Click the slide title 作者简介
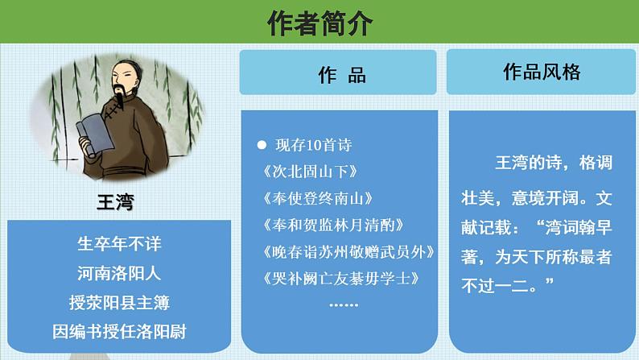click(x=319, y=23)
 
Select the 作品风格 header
click(x=541, y=72)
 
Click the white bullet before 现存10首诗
click(x=261, y=146)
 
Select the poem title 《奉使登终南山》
click(x=317, y=199)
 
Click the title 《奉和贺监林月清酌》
click(x=332, y=226)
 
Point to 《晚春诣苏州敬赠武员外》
click(x=348, y=252)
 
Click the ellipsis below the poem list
click(x=344, y=304)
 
